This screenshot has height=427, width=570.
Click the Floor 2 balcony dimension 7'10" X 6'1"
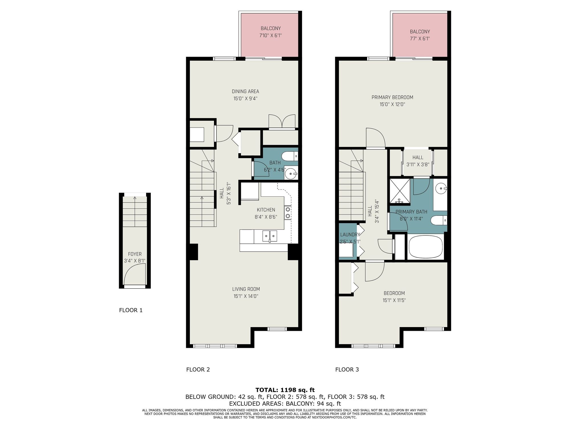270,36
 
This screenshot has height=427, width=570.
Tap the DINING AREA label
245,91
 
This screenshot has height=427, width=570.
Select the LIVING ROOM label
246,289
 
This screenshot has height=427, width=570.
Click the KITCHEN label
266,210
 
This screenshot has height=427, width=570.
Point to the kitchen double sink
270,236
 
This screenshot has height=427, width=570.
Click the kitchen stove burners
288,213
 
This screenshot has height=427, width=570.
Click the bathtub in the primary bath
426,247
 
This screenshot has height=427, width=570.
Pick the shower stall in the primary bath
400,191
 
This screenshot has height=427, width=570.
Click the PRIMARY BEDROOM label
392,97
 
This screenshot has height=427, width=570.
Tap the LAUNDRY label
350,235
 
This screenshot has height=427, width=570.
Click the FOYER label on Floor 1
135,254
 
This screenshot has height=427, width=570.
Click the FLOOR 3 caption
347,369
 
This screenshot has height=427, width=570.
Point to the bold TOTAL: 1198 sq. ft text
285,390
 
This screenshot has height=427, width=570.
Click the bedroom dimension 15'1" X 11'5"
394,300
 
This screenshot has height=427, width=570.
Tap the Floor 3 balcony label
420,32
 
